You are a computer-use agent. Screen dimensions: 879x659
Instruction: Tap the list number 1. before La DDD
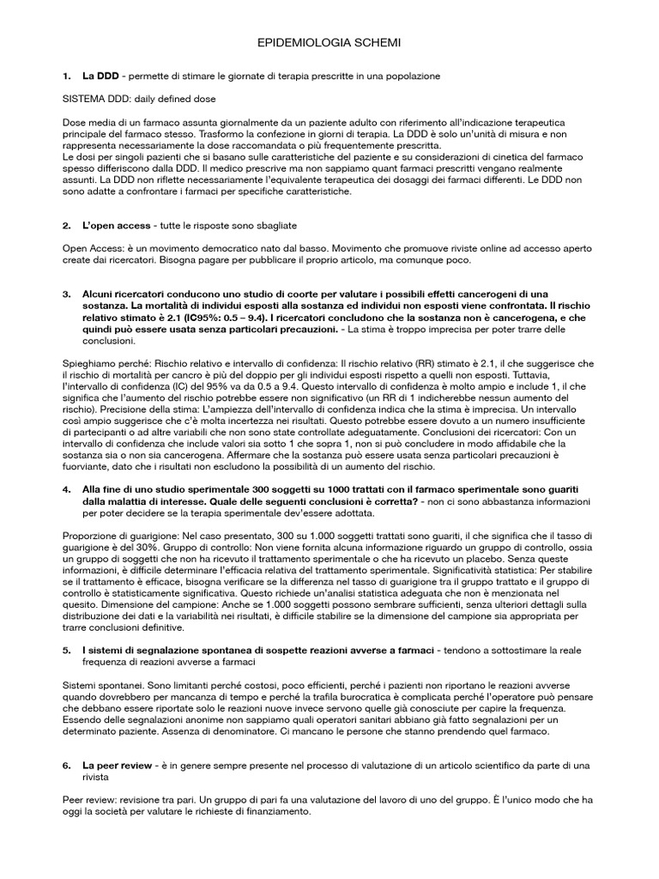click(67, 76)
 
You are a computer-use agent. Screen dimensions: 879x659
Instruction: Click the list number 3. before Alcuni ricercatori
click(67, 294)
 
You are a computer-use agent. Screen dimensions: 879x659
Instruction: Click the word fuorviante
click(88, 467)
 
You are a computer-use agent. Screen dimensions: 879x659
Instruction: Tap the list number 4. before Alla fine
click(67, 489)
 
